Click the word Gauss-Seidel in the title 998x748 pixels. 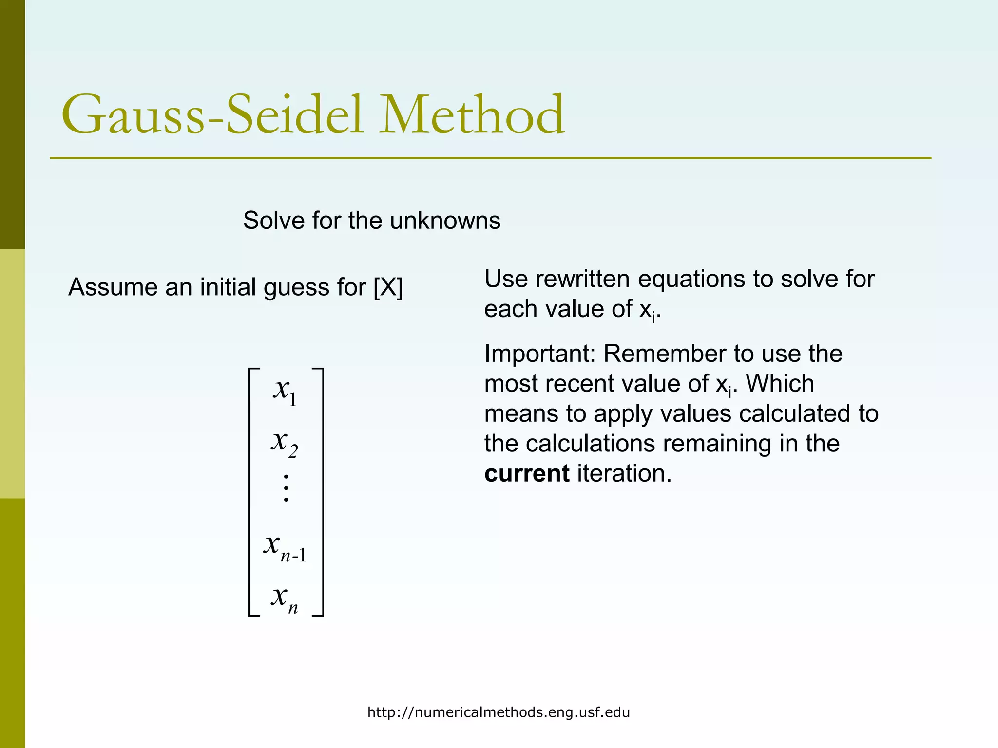coord(212,115)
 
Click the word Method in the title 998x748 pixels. coord(472,115)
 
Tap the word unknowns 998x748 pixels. coord(445,221)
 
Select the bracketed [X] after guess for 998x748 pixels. coord(388,287)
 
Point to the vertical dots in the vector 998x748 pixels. coord(286,488)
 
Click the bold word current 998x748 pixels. coord(527,474)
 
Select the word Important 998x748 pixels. coord(539,354)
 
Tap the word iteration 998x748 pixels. coord(624,474)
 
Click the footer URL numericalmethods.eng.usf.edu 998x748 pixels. coord(499,712)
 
